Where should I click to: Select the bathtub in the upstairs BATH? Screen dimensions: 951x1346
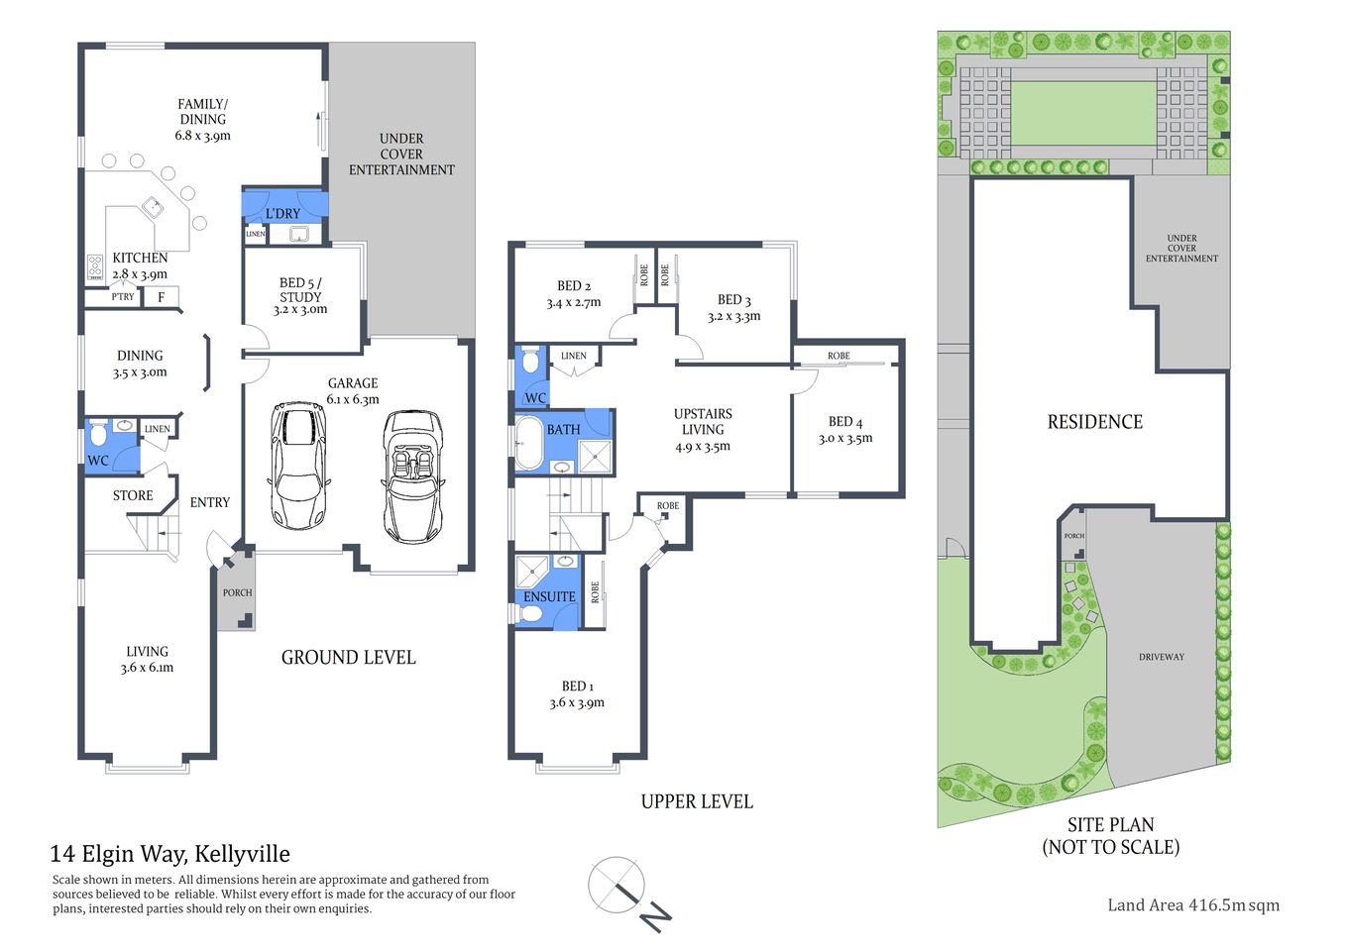(528, 443)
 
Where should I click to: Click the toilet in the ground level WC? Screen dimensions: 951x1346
(98, 434)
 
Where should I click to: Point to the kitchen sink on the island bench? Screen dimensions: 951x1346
(154, 208)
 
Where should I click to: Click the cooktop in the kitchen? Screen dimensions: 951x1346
(95, 265)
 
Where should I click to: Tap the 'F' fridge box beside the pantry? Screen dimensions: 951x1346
(162, 296)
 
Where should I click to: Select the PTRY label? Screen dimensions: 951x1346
(123, 296)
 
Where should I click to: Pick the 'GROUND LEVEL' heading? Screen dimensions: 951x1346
(348, 658)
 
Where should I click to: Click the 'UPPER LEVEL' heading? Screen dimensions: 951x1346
(697, 801)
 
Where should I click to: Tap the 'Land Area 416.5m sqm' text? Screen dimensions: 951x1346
(1192, 904)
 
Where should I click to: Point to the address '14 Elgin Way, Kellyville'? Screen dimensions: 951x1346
(169, 854)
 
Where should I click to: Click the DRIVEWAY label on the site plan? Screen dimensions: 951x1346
(1161, 657)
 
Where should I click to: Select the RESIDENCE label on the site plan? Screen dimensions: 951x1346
(1094, 422)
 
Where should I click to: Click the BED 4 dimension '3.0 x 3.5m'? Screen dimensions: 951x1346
(845, 438)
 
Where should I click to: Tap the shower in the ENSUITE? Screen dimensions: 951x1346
(532, 570)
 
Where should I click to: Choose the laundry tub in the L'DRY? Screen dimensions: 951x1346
(298, 235)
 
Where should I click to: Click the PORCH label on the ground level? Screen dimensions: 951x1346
(237, 592)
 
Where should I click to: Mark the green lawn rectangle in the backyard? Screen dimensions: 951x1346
(1083, 112)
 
